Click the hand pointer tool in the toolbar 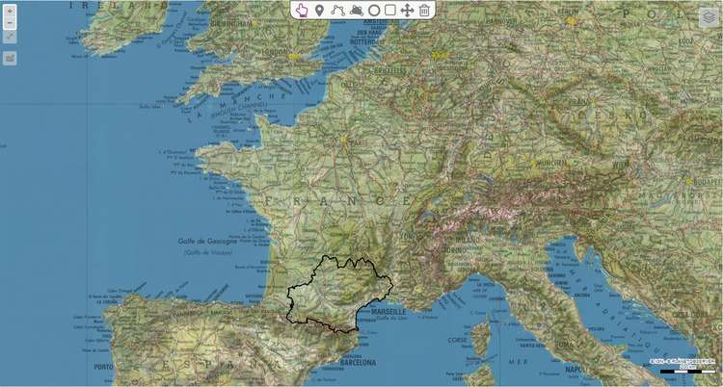coord(302,10)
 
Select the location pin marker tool coord(319,10)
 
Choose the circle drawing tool coord(374,10)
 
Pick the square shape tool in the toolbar coord(390,10)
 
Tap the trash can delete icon coord(424,10)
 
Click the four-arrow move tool coord(407,10)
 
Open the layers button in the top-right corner coord(709,17)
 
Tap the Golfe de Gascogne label coord(206,241)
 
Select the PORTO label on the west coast coord(104,366)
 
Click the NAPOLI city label coord(576,368)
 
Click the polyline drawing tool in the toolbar coord(337,10)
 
